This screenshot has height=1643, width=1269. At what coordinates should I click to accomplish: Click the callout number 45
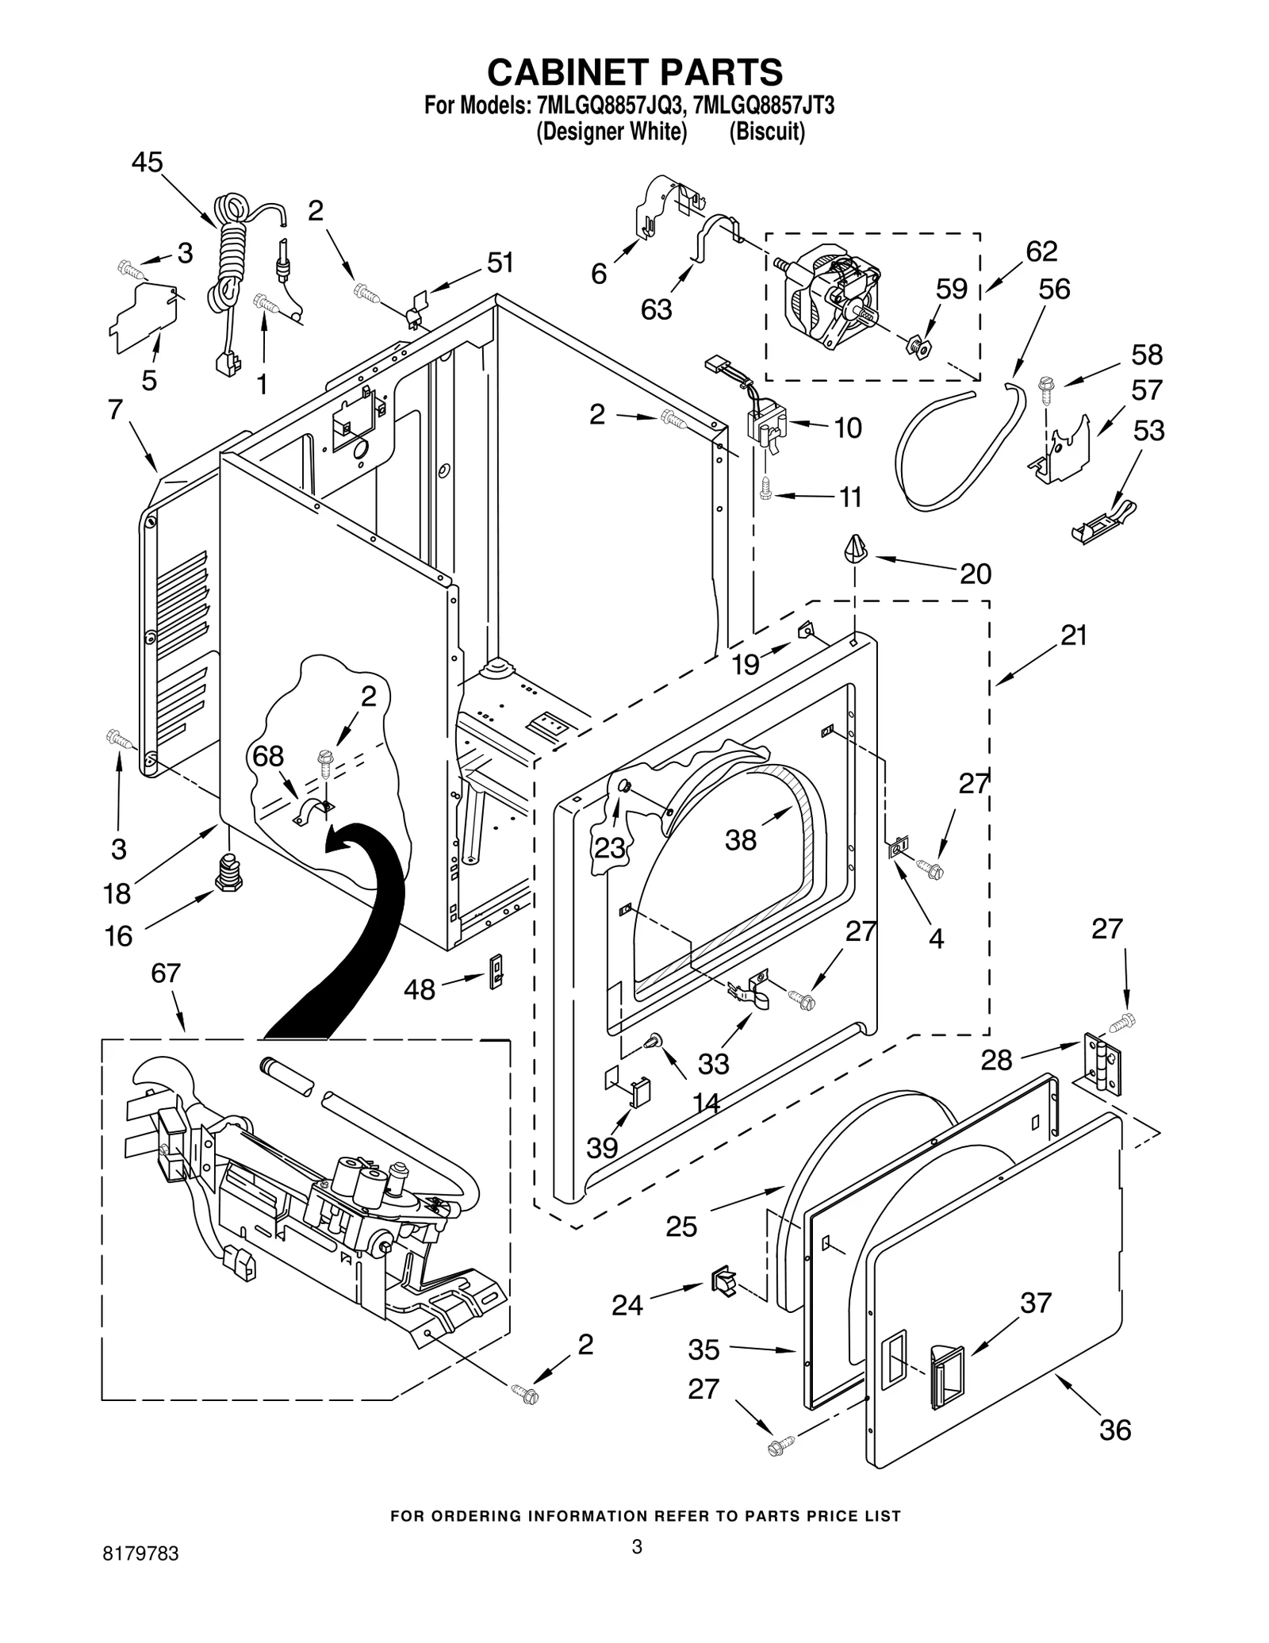[147, 163]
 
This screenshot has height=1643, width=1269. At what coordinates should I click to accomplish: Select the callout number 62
[1041, 251]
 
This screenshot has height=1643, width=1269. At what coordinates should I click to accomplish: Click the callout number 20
[975, 574]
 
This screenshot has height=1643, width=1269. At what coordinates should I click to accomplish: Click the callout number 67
[166, 973]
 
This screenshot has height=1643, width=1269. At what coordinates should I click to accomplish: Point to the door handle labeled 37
[945, 1379]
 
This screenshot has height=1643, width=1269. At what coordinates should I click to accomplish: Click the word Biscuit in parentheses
[767, 132]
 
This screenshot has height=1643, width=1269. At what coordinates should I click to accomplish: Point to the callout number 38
[740, 839]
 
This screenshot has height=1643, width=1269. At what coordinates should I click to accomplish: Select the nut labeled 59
[920, 346]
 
